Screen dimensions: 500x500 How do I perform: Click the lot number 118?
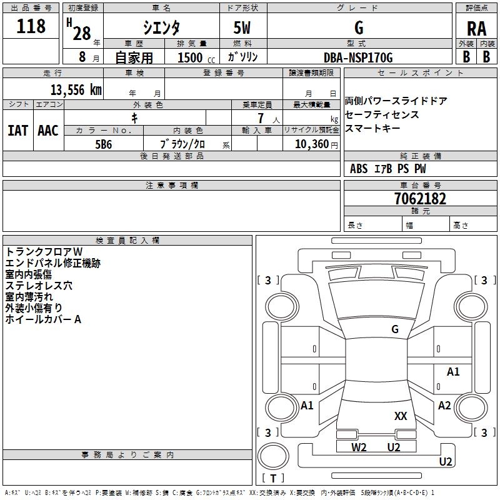32,26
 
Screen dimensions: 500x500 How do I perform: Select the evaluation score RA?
476,28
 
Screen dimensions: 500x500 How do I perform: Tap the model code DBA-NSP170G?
359,57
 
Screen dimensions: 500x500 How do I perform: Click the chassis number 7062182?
420,199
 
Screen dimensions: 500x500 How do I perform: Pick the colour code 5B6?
104,143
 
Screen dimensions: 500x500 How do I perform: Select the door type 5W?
242,28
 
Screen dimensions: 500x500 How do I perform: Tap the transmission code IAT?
17,131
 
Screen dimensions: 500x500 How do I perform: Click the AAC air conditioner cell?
48,131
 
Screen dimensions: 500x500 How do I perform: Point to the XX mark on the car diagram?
401,416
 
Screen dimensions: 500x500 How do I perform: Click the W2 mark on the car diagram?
359,447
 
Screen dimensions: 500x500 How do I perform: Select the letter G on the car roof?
394,329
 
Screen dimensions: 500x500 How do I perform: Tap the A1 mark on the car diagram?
453,372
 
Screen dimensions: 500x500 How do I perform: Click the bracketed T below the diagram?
273,479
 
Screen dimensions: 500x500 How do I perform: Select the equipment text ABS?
359,169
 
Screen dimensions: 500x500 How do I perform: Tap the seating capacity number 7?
259,117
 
